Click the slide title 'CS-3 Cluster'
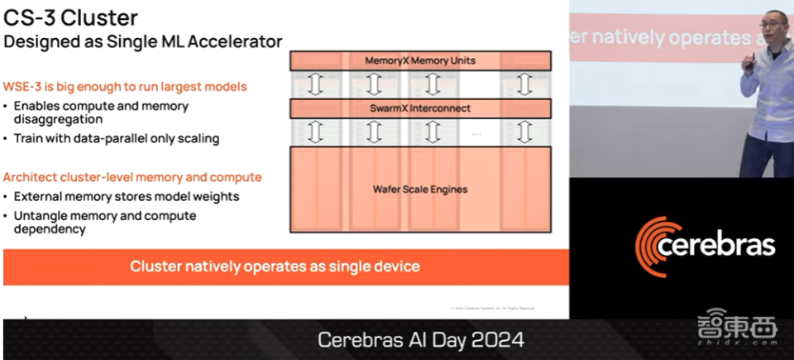(x=71, y=17)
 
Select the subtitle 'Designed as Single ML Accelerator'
(x=143, y=41)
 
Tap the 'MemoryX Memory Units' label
(x=420, y=60)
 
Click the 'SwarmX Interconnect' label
(x=420, y=108)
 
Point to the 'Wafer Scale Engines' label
(x=420, y=190)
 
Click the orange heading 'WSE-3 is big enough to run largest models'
(x=125, y=86)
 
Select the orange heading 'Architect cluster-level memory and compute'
(x=132, y=177)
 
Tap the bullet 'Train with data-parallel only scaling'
(x=116, y=138)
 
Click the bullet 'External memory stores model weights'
(x=127, y=196)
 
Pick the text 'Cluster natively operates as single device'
(x=275, y=266)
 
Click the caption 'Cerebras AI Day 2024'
(x=420, y=340)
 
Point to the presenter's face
(x=772, y=24)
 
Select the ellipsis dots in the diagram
(x=476, y=133)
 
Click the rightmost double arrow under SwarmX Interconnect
(x=523, y=132)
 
